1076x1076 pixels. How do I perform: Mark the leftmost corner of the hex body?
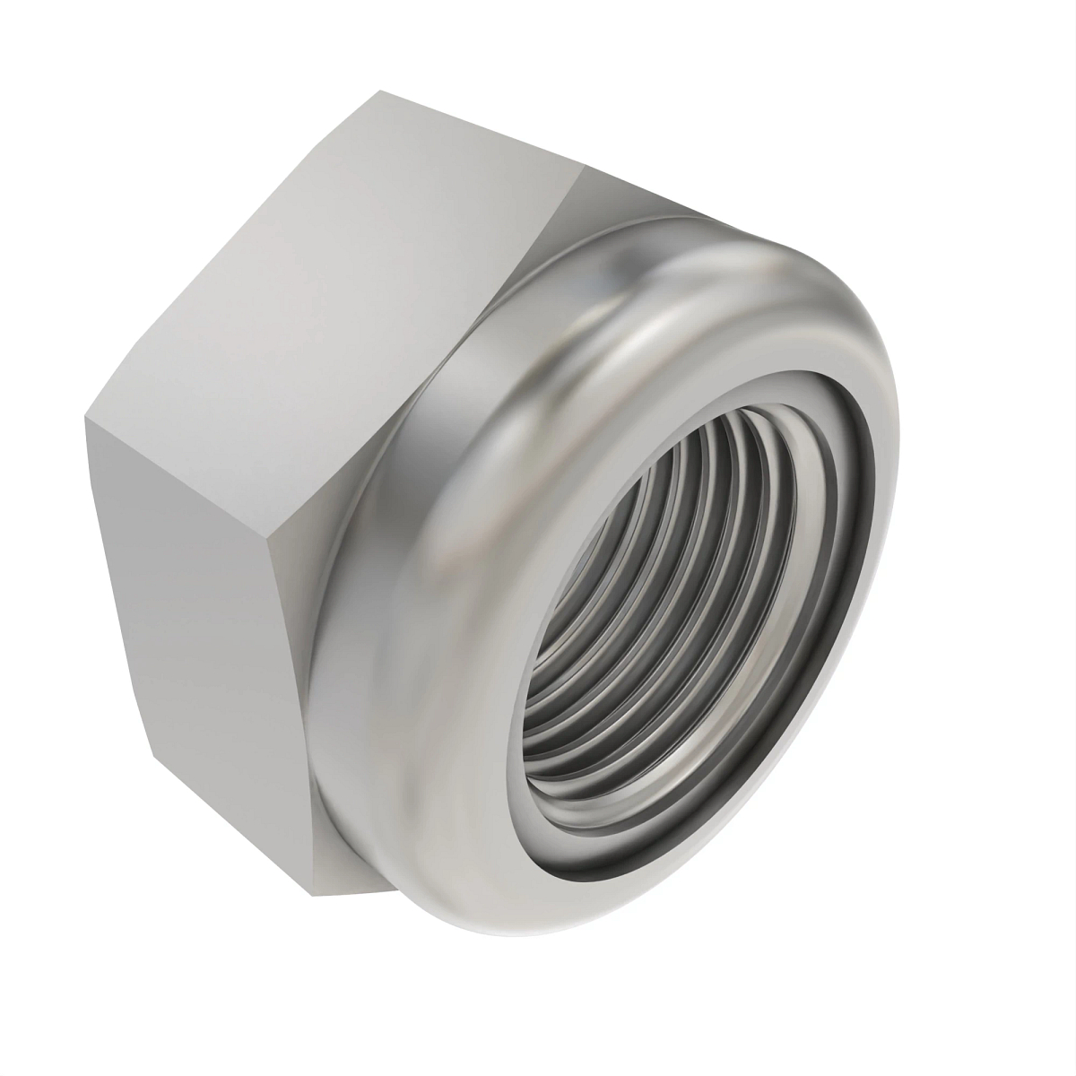coord(87,418)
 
